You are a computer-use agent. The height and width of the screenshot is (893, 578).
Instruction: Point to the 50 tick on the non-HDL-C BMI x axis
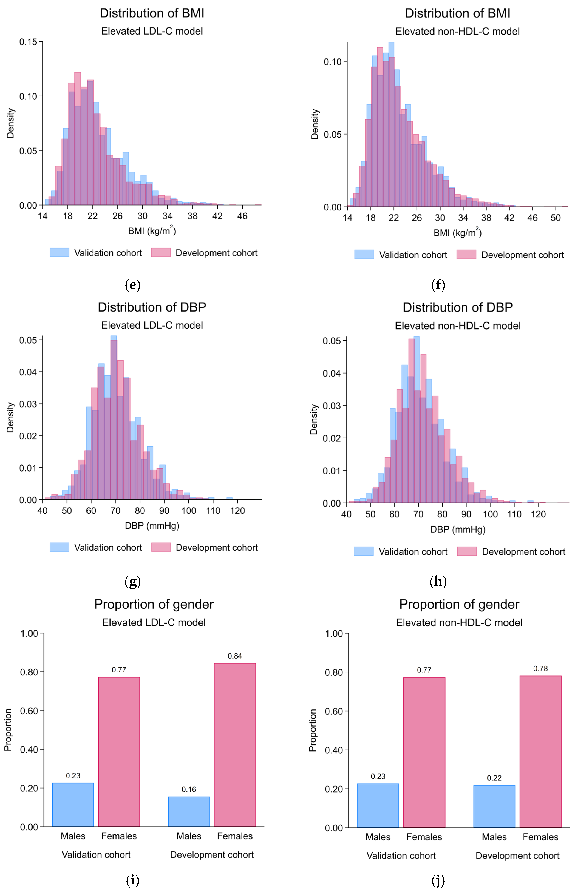click(555, 218)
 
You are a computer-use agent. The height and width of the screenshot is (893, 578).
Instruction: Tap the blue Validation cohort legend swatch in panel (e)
click(59, 252)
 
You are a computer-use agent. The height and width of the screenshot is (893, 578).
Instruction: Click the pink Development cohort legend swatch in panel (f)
click(466, 255)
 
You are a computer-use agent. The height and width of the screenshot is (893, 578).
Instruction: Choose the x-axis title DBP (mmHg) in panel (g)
click(152, 526)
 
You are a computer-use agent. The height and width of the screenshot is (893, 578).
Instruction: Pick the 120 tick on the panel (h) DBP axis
click(538, 514)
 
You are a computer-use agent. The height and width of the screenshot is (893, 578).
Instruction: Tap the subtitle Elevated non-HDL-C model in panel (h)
click(458, 325)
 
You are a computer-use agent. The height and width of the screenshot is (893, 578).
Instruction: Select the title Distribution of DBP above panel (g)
click(152, 307)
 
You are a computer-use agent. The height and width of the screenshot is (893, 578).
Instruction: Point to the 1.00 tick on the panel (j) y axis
click(334, 634)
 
